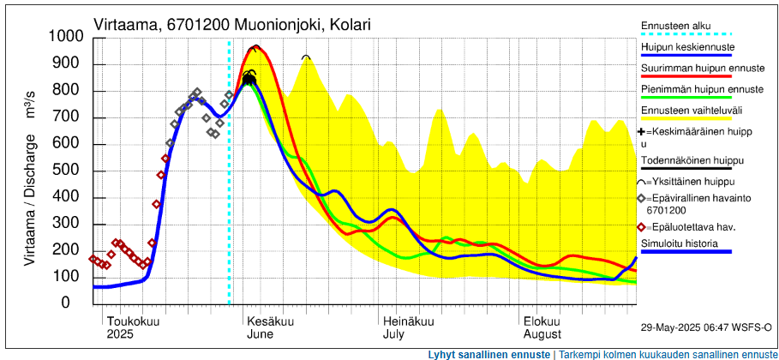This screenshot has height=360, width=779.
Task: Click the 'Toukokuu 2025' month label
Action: point(133,327)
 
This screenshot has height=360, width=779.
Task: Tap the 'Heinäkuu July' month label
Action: point(408,327)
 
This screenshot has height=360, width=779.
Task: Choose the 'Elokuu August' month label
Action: point(542,327)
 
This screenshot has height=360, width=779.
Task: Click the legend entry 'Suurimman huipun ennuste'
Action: point(702,68)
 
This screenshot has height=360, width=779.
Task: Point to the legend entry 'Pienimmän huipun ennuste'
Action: point(702,89)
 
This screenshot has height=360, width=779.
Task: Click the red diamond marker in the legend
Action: point(643,227)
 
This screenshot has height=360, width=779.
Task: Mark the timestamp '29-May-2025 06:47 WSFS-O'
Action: point(706,327)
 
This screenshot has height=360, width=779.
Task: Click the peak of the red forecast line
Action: point(255,46)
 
